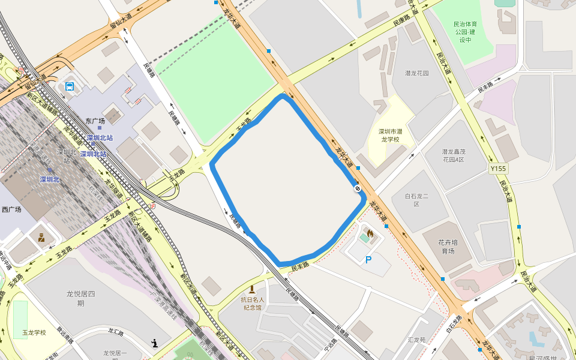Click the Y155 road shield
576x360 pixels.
[498, 169]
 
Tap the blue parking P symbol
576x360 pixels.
[368, 260]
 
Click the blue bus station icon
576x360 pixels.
[70, 86]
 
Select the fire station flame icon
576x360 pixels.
[370, 233]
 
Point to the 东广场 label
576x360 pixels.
[95, 121]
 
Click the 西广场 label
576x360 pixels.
[11, 209]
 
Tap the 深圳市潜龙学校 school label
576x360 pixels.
[390, 135]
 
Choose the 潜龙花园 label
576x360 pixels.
[417, 73]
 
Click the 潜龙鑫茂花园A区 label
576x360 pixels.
[454, 155]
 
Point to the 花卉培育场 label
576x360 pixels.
[448, 246]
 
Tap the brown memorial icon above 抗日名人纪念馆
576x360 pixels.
[252, 289]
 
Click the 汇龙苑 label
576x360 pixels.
[416, 340]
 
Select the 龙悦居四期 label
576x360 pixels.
[81, 298]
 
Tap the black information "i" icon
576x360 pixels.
[155, 344]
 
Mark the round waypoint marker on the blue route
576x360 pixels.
[358, 188]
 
